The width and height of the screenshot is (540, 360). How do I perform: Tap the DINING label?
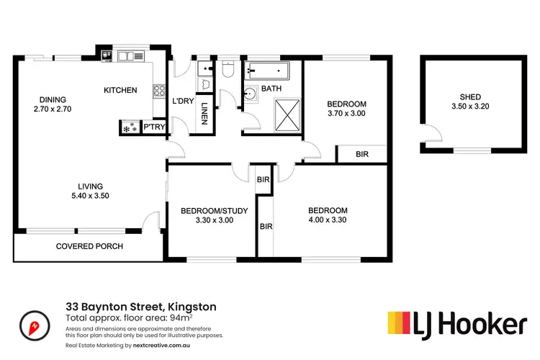coord(53,100)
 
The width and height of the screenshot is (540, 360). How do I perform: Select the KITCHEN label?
coord(120,90)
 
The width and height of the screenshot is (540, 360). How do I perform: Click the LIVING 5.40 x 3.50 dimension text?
coord(90,195)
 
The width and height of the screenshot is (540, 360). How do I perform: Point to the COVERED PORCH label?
coord(89,246)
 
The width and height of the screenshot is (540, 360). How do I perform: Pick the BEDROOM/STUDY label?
coord(214,211)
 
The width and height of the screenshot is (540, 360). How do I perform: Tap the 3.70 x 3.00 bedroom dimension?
coord(347,113)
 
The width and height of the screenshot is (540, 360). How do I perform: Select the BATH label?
coord(271,89)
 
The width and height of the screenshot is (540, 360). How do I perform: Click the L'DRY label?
coord(183,101)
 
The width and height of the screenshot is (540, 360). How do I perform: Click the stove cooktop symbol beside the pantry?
coord(130,127)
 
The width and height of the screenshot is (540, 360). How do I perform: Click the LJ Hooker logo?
coord(456,324)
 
